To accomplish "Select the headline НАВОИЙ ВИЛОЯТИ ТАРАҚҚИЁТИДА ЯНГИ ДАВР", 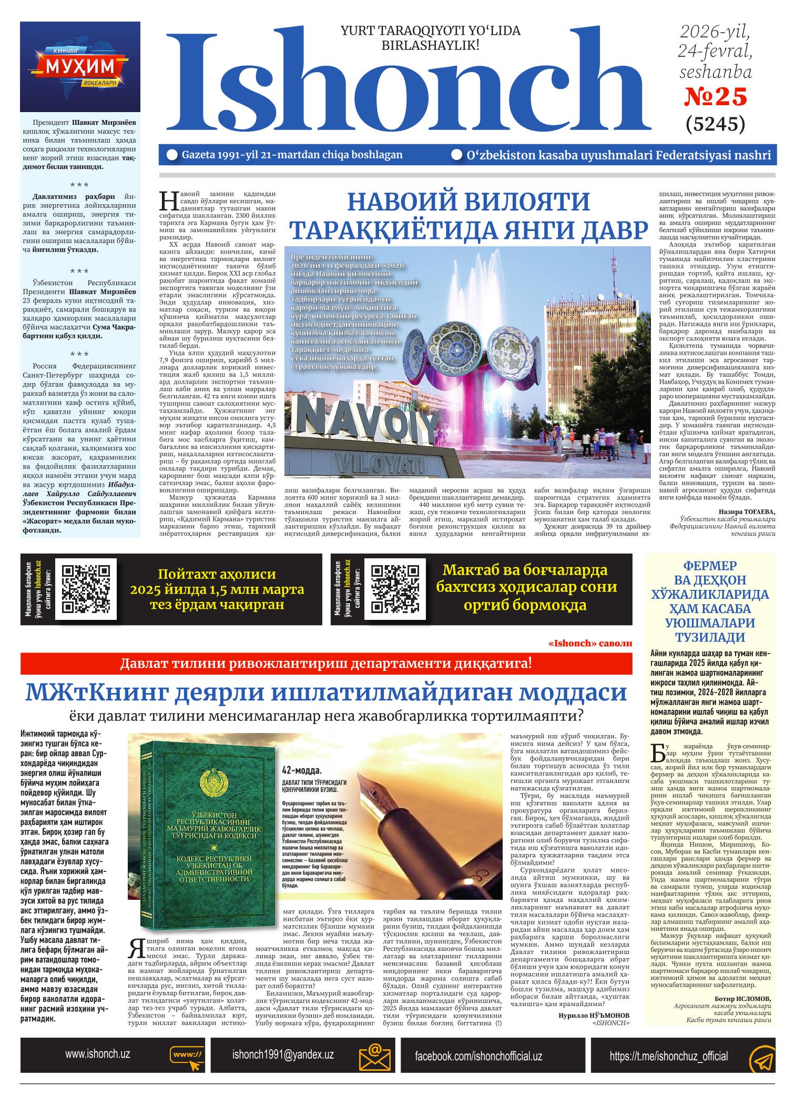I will click(x=467, y=216).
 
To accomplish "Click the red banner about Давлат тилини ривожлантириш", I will click(x=326, y=663).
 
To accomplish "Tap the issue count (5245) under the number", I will click(x=716, y=124).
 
